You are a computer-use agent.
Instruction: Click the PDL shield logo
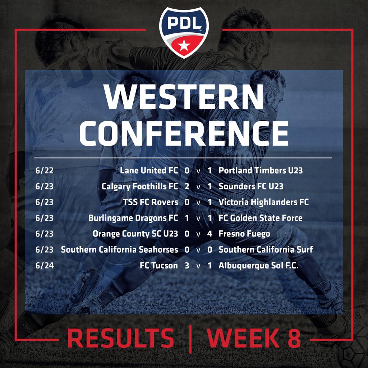pyautogui.click(x=184, y=32)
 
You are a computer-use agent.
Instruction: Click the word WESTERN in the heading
pyautogui.click(x=184, y=97)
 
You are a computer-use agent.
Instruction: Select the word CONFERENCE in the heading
pyautogui.click(x=184, y=134)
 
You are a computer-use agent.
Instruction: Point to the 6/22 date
pyautogui.click(x=44, y=170)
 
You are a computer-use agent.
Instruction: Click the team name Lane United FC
pyautogui.click(x=149, y=170)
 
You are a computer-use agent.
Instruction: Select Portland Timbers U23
pyautogui.click(x=261, y=170)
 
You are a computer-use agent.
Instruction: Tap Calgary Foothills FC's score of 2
pyautogui.click(x=187, y=187)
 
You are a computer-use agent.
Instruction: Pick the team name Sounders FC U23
pyautogui.click(x=251, y=187)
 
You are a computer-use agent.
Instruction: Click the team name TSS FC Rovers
pyautogui.click(x=151, y=202)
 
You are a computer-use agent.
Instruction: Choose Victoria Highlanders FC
pyautogui.click(x=263, y=202)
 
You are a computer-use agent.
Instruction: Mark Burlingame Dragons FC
pyautogui.click(x=133, y=218)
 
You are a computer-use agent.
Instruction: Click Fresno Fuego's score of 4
pyautogui.click(x=210, y=234)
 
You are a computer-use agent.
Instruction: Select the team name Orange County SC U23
pyautogui.click(x=135, y=234)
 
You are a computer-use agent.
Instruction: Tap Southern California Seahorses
pyautogui.click(x=119, y=249)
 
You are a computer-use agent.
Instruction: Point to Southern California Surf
pyautogui.click(x=266, y=249)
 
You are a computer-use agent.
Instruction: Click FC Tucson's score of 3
pyautogui.click(x=187, y=266)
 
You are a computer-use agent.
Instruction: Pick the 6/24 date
pyautogui.click(x=45, y=266)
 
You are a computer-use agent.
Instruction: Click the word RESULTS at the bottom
pyautogui.click(x=121, y=338)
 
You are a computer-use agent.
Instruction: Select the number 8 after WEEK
pyautogui.click(x=294, y=338)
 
